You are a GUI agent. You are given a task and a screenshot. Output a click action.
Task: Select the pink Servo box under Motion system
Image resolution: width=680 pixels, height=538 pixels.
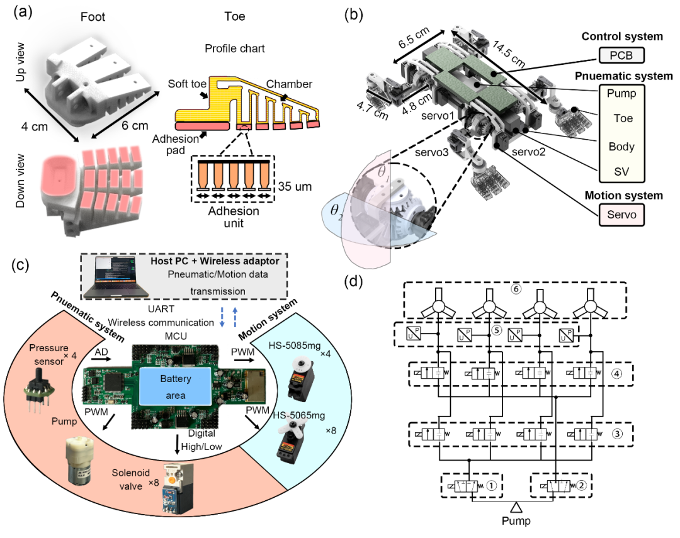[x=625, y=215]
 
